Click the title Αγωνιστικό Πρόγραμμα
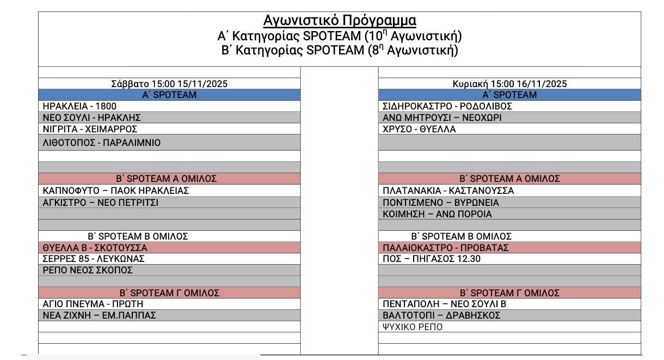340,21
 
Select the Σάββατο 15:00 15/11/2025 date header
169,84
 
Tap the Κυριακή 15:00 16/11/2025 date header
509,84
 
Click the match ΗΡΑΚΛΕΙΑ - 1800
79,106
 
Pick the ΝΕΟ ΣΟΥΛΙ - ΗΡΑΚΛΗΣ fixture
92,118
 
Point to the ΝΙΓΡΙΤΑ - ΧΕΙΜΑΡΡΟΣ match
90,129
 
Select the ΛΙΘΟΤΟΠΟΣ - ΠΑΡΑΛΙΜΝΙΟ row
102,143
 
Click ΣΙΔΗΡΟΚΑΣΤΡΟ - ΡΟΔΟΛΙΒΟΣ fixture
448,106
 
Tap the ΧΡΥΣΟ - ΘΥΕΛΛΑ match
420,129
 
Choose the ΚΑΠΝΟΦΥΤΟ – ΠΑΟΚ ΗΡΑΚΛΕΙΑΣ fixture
116,191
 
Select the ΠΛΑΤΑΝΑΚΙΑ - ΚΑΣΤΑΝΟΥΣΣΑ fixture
448,191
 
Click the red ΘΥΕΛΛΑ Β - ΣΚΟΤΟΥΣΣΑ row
95,248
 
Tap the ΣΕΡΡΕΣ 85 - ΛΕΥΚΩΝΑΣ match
93,259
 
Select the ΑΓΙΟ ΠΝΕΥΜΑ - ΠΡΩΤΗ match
93,304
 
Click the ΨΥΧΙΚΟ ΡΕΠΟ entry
413,327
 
